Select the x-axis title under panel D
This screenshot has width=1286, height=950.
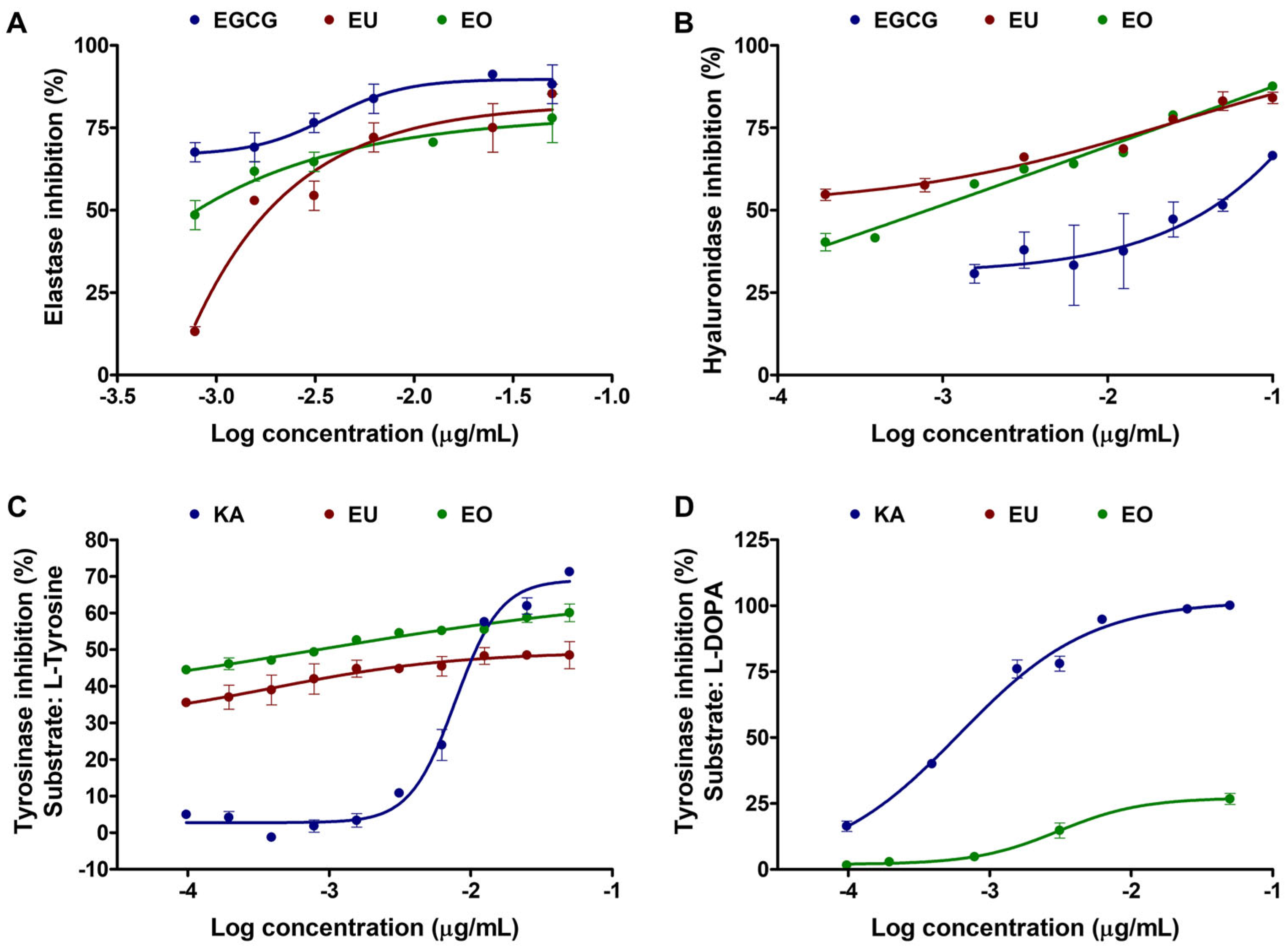(1025, 928)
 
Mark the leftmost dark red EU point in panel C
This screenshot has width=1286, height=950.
(186, 703)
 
